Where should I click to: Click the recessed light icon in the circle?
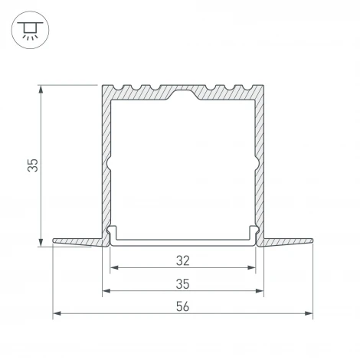(x=30, y=31)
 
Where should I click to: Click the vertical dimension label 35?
(x=33, y=165)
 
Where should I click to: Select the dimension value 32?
(x=183, y=260)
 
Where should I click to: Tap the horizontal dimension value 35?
(x=183, y=284)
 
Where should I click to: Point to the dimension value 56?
(x=183, y=306)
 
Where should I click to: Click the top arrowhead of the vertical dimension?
(x=41, y=89)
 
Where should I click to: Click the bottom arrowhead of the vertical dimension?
(x=41, y=242)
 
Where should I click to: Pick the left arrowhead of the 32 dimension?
(x=114, y=267)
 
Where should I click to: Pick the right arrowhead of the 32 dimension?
(x=251, y=267)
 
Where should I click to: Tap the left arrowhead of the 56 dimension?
(x=57, y=313)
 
